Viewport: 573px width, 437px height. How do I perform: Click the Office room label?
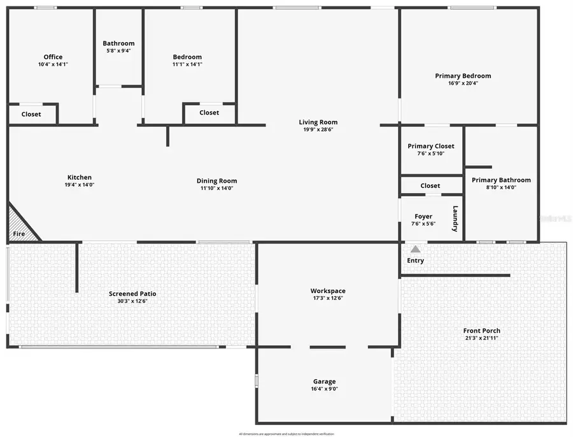[53, 57]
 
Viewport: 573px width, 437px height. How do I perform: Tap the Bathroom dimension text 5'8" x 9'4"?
[118, 51]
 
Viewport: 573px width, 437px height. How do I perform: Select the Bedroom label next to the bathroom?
[187, 57]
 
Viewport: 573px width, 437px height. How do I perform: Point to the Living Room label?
[318, 122]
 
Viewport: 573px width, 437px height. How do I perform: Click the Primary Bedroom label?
[463, 76]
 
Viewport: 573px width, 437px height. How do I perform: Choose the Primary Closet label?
[431, 147]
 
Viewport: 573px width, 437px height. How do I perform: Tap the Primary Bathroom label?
[501, 180]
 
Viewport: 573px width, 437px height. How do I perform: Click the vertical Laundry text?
[455, 218]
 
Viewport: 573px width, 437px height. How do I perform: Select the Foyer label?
[423, 217]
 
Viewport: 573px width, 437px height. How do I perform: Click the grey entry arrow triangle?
[415, 249]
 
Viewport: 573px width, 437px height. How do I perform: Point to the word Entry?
[415, 261]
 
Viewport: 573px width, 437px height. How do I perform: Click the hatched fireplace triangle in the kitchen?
[19, 225]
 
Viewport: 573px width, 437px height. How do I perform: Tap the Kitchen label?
[80, 178]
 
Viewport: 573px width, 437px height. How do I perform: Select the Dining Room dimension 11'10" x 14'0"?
[216, 188]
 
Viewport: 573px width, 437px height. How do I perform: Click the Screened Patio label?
[132, 294]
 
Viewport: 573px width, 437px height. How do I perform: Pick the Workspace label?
[329, 291]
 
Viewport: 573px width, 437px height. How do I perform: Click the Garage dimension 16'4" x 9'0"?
[324, 389]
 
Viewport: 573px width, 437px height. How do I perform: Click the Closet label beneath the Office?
[31, 115]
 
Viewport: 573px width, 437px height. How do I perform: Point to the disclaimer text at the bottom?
[286, 433]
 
